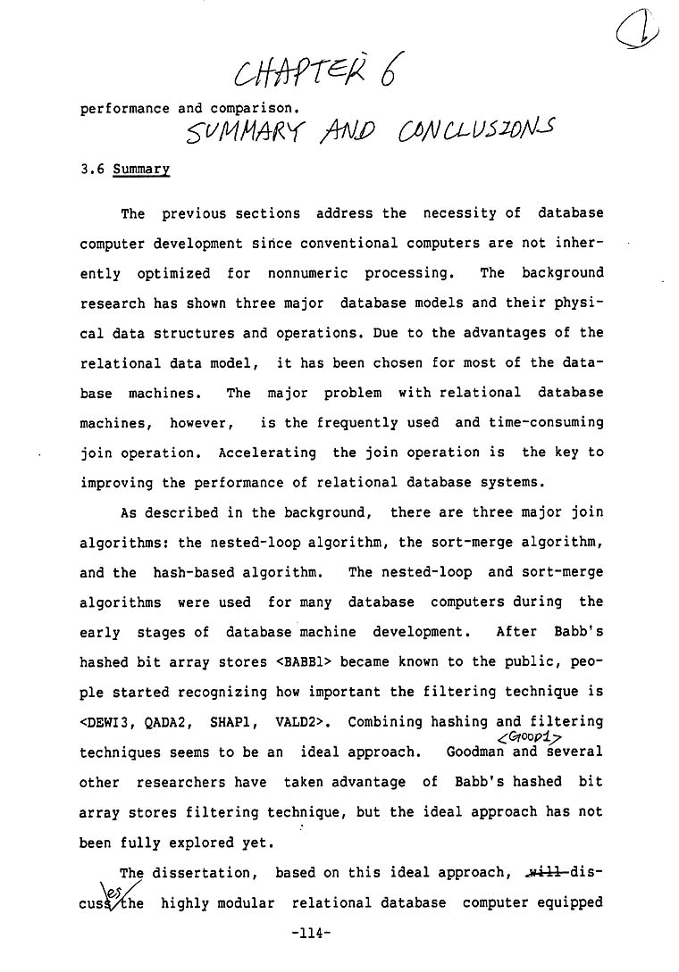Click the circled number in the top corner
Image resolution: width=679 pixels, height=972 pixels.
point(637,30)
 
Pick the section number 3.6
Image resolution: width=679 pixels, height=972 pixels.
point(92,169)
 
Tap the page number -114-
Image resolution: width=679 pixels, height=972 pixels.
point(312,934)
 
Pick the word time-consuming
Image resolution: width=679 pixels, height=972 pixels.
point(546,422)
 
